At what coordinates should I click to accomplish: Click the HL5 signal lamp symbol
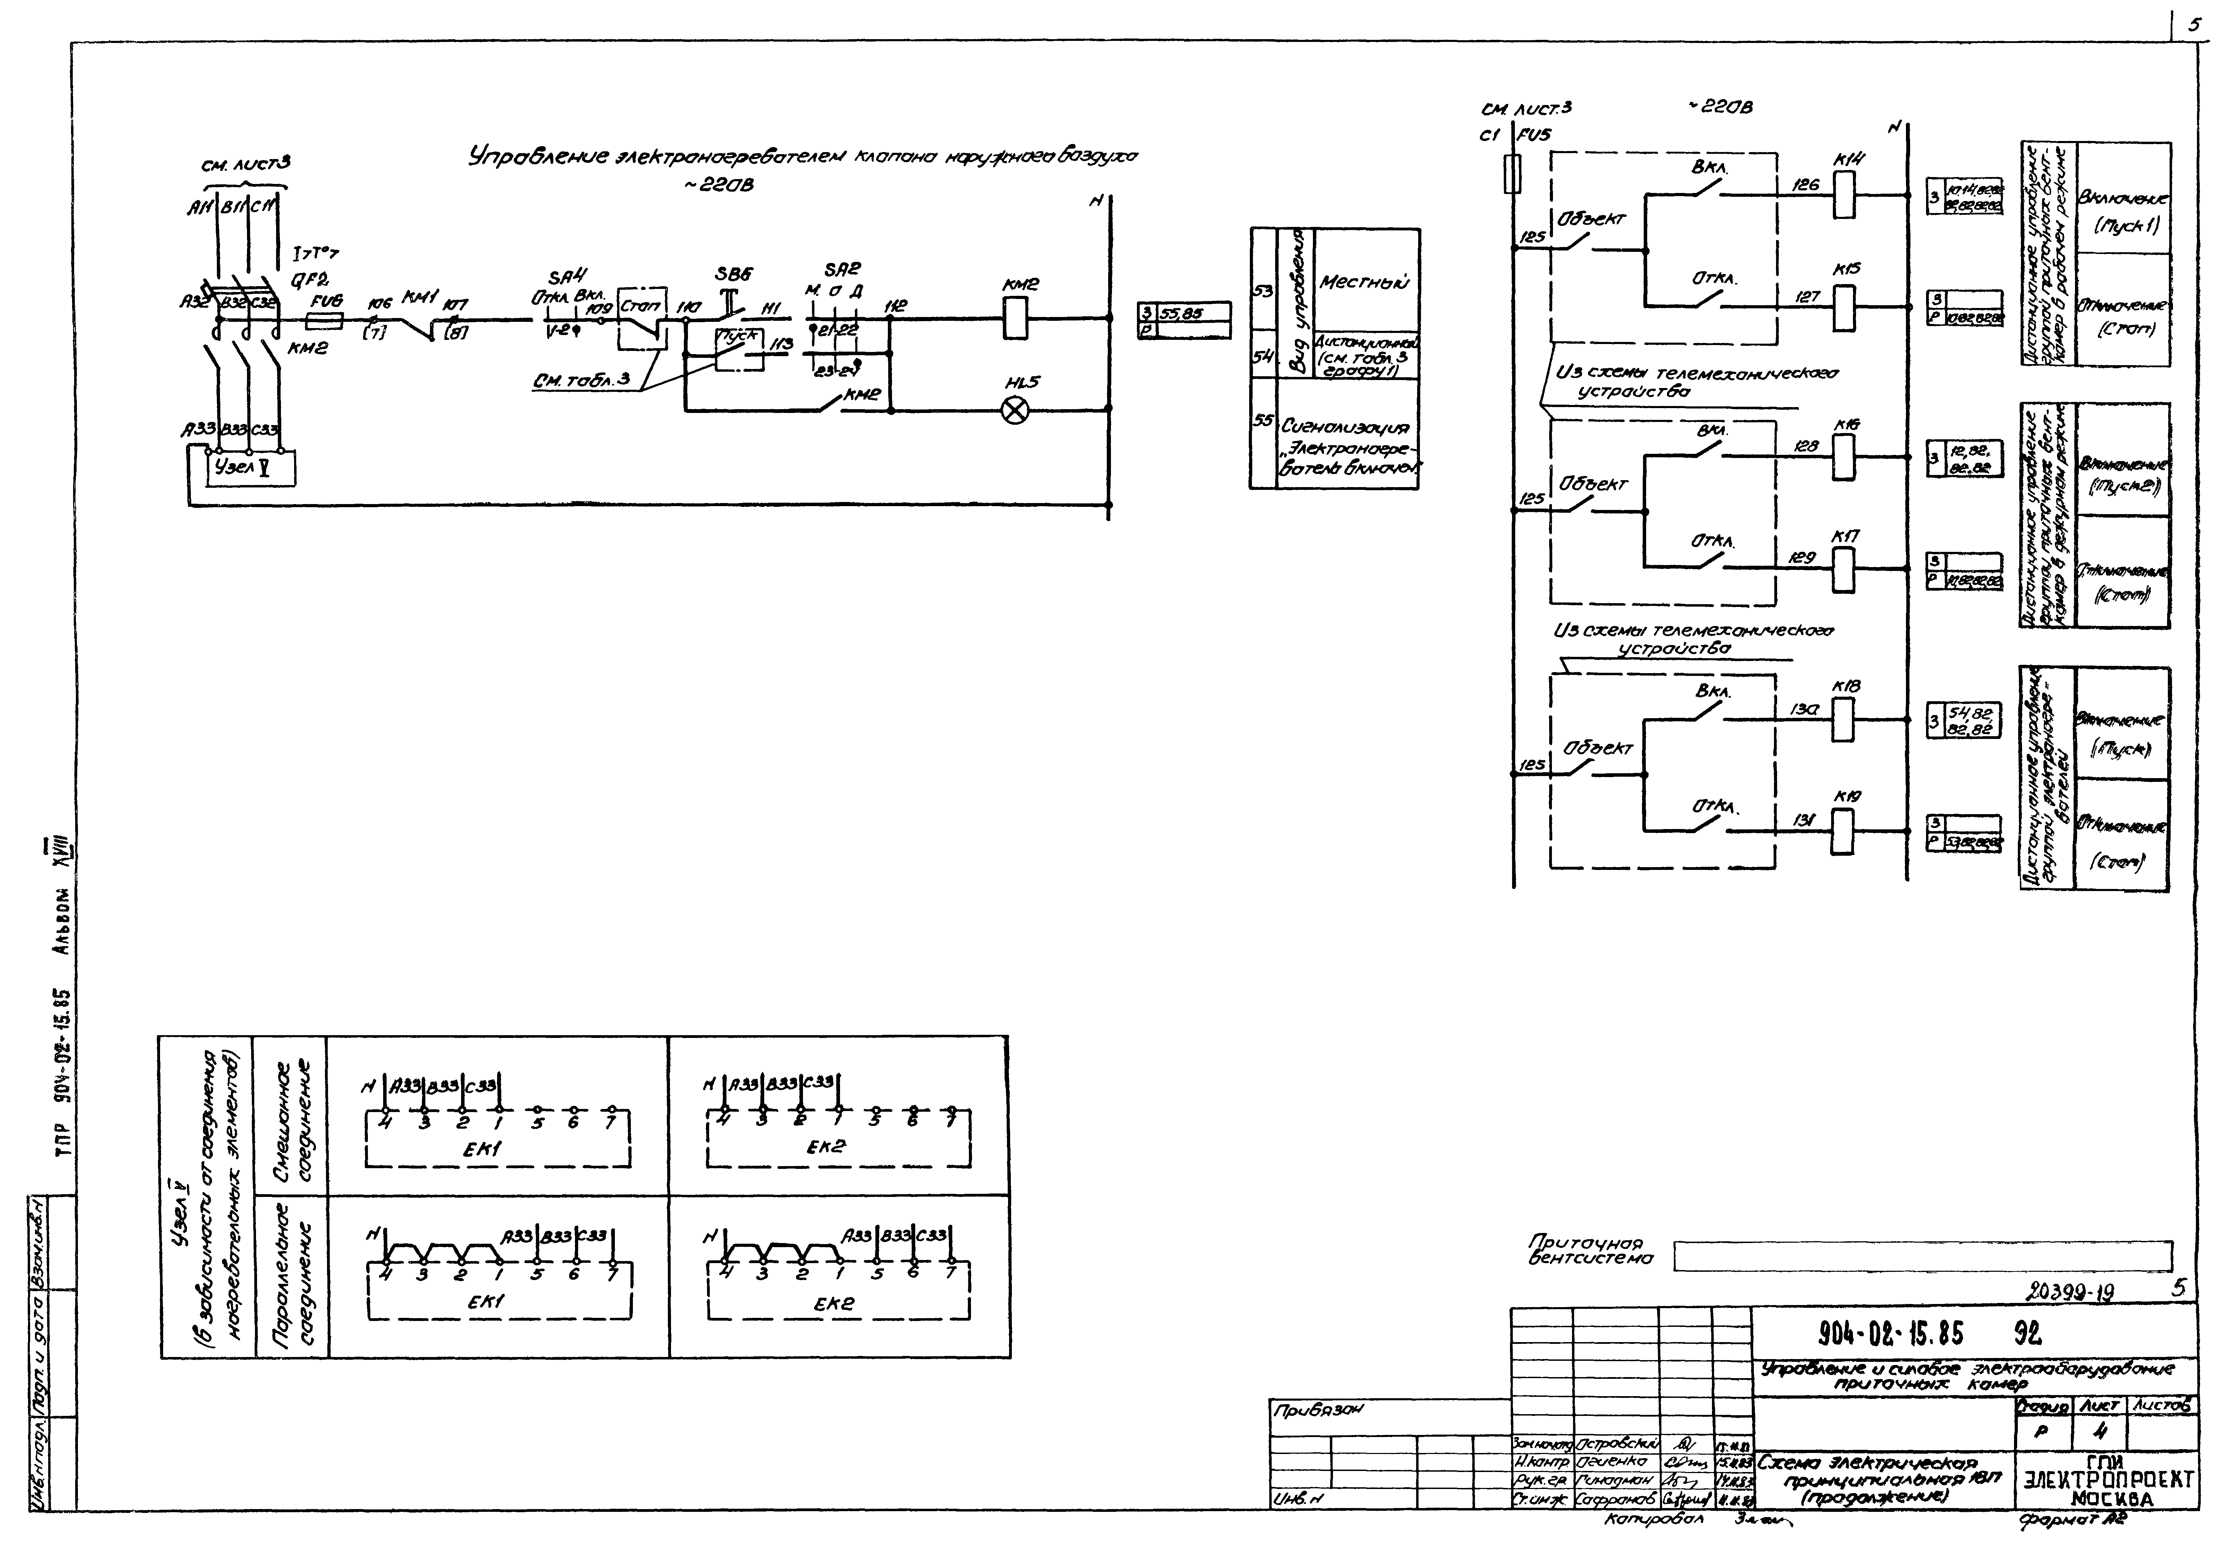(x=1015, y=410)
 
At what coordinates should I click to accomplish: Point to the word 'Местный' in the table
(x=1362, y=282)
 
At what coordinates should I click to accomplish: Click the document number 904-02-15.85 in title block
(x=1890, y=1331)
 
